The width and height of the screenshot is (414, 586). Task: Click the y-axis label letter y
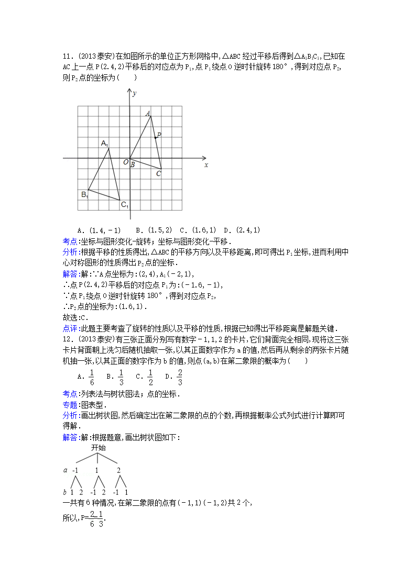point(135,93)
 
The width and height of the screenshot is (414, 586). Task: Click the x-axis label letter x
point(206,165)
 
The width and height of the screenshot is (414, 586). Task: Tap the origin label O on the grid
point(126,162)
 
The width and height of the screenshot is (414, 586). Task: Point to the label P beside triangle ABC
point(159,135)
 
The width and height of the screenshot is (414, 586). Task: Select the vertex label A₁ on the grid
point(105,143)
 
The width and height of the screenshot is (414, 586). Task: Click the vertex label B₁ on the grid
point(84,195)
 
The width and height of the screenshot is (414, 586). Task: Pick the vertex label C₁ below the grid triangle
point(125,205)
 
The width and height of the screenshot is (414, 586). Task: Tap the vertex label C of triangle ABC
point(159,173)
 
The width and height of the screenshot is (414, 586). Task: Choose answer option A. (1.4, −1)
point(99,230)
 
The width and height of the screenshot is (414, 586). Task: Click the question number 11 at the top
point(67,56)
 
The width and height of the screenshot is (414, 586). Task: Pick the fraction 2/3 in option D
point(180,377)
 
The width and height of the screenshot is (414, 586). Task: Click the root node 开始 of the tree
point(98,448)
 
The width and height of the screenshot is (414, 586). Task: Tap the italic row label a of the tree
point(66,470)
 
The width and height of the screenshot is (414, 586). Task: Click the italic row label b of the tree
point(65,492)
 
